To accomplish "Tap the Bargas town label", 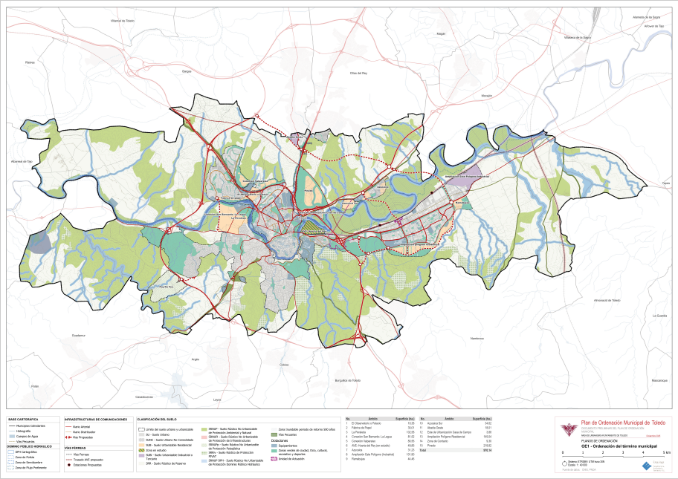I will pos(187,71).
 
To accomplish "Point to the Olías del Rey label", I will pos(359,74).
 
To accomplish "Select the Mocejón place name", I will pos(487,96).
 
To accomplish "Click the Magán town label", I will pos(440,34).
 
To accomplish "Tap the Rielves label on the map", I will pos(30,63).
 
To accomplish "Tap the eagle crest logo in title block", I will pos(569,430).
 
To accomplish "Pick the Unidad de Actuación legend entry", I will pos(293,459).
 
